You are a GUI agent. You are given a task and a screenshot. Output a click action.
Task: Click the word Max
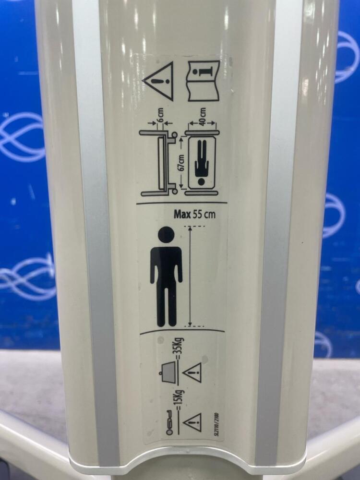(182, 214)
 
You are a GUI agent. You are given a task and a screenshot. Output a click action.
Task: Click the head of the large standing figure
(166, 235)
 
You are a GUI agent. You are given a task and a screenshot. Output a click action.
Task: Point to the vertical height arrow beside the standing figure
(190, 276)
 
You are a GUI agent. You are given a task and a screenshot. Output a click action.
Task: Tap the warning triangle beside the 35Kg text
(192, 372)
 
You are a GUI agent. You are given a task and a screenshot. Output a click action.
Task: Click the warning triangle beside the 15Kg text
(192, 422)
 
